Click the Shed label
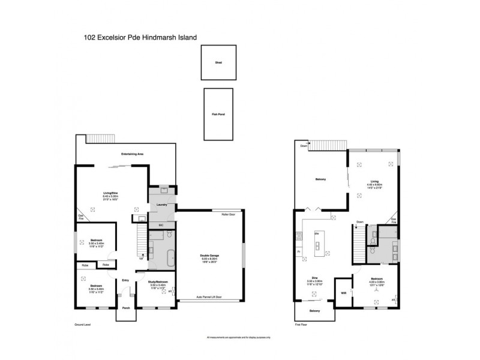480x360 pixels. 218,62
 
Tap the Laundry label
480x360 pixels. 161,205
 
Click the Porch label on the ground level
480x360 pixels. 126,308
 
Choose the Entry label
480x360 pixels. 125,280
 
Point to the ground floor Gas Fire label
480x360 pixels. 80,217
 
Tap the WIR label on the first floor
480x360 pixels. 343,293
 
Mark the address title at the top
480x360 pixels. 141,37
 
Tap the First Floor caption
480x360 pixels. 302,325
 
